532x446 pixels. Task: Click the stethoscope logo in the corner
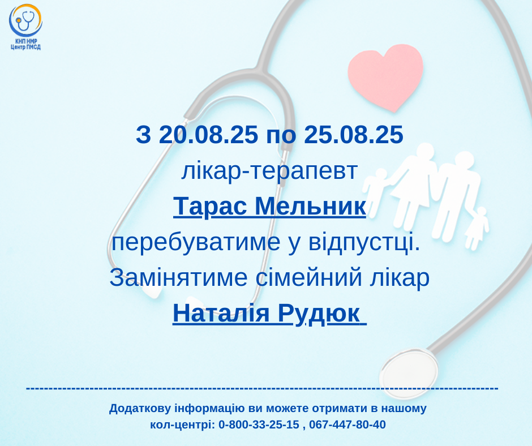(25, 20)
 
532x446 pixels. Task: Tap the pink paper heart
(386, 77)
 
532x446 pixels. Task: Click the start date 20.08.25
(208, 134)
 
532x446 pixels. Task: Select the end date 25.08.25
(354, 134)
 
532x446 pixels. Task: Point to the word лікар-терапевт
(270, 171)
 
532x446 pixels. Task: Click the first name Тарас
(210, 206)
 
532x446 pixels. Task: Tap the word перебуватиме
(196, 242)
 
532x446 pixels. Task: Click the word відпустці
(364, 242)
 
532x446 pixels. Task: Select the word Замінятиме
(178, 277)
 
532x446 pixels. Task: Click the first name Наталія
(221, 313)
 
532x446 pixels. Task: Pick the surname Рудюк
(319, 314)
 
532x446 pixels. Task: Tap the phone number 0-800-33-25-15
(259, 424)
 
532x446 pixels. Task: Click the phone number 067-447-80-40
(347, 424)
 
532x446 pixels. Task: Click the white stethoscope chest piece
(409, 374)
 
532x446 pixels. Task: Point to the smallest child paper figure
(477, 229)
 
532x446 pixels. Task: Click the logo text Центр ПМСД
(26, 47)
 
